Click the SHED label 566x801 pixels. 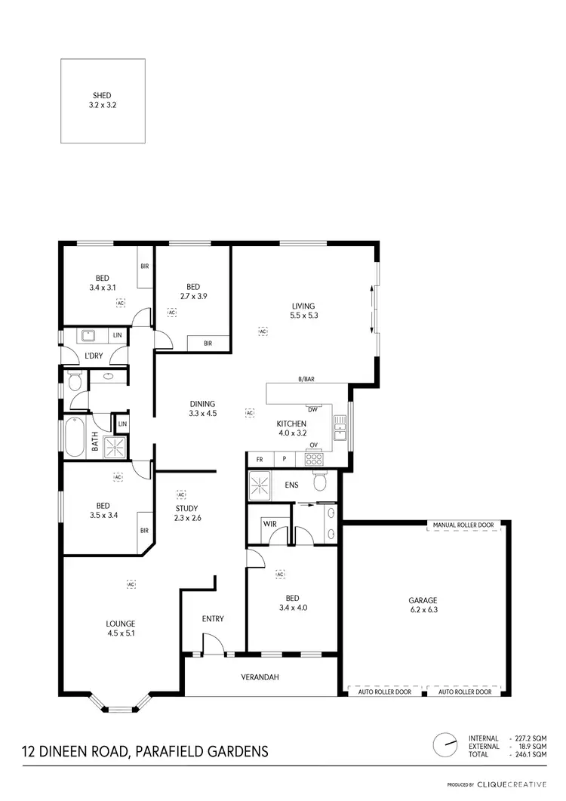(102, 96)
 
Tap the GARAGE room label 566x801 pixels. (423, 602)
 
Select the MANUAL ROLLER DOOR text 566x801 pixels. (463, 524)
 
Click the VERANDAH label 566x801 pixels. (260, 677)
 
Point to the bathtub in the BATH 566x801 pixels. (73, 437)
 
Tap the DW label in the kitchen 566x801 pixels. (312, 409)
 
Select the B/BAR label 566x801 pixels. (306, 379)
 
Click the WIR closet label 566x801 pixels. (269, 523)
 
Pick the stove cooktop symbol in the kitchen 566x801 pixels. (313, 457)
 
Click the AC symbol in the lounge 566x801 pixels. (131, 584)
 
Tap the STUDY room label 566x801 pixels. (185, 509)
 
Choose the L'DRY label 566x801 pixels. (94, 356)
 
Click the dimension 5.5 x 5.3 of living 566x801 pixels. (304, 316)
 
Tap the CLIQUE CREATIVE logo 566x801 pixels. (511, 785)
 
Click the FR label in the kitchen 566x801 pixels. (259, 459)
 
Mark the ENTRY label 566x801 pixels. (213, 619)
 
